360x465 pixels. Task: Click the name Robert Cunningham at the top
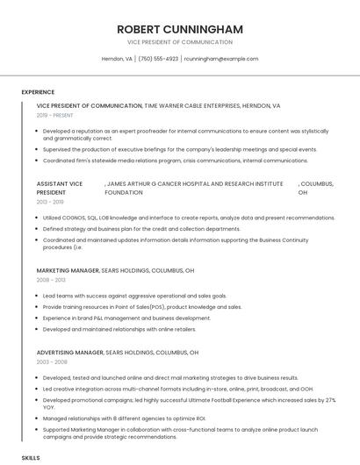point(180,29)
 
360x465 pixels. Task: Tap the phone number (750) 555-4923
point(158,59)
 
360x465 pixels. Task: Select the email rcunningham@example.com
point(221,59)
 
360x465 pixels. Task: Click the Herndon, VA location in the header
point(117,59)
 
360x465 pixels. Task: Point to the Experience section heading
point(38,92)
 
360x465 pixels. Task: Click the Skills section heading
point(31,458)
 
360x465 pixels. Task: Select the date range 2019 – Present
point(55,115)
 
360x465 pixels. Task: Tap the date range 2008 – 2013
point(50,280)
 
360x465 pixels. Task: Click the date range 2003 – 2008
point(50,361)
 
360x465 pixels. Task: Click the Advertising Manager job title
point(70,352)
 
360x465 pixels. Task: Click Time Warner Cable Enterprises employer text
point(212,105)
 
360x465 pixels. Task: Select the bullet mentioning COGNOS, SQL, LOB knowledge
point(176,218)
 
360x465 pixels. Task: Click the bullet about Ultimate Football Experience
point(189,404)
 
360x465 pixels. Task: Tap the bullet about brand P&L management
point(126,318)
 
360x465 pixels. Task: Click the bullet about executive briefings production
point(180,150)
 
